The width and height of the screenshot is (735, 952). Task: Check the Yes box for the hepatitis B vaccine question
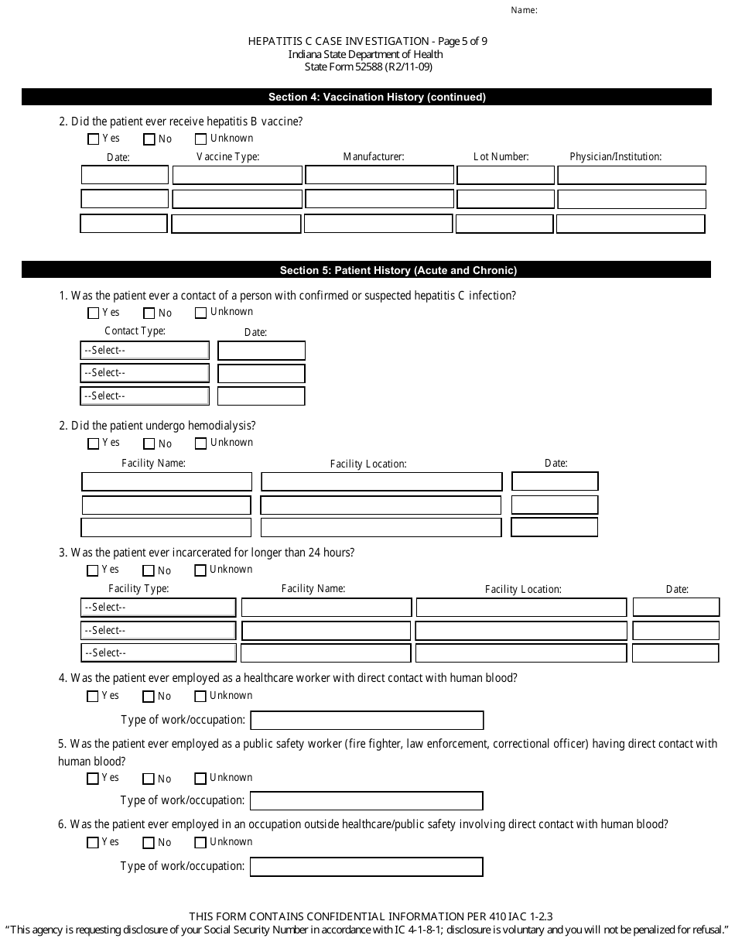(94, 139)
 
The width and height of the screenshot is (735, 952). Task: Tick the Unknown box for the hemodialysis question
(201, 443)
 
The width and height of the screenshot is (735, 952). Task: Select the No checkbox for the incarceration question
(149, 570)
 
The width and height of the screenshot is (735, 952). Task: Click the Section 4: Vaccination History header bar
(367, 97)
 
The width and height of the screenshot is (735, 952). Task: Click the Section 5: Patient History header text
(398, 270)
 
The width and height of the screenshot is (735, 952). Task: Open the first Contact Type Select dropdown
(145, 351)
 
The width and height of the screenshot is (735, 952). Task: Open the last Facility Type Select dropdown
(159, 653)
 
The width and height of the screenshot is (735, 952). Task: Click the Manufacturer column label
(374, 156)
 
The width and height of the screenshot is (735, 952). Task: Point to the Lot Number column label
(501, 156)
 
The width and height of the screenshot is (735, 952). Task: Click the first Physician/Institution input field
(631, 175)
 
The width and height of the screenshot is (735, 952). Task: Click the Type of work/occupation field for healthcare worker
(367, 721)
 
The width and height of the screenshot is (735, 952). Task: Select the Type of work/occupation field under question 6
(367, 866)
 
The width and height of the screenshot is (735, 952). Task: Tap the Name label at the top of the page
(524, 11)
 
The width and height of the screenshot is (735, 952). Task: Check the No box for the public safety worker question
(149, 779)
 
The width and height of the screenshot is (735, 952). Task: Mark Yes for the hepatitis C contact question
(94, 313)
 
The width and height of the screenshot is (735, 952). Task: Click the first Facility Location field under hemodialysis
(381, 481)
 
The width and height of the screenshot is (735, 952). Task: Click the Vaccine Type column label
(228, 156)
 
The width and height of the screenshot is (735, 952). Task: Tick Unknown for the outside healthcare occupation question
(201, 843)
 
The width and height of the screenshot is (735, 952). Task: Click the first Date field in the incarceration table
(675, 608)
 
